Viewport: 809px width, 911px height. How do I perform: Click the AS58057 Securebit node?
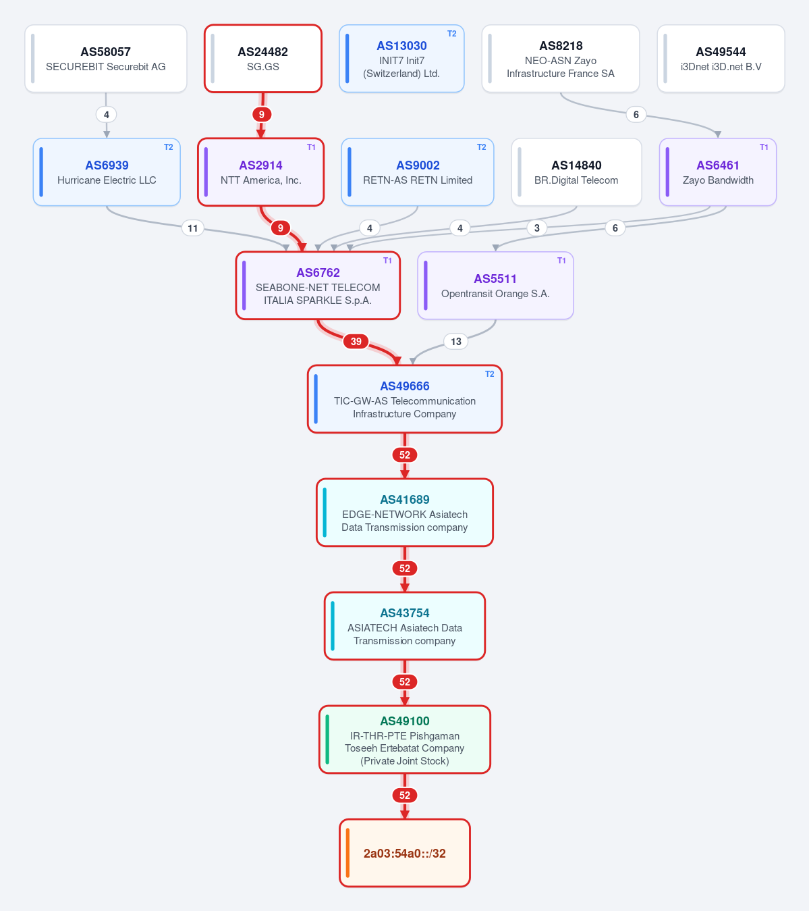[x=105, y=59]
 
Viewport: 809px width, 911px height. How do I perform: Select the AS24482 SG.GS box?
[x=262, y=59]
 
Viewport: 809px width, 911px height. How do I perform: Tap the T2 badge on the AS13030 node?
[x=452, y=34]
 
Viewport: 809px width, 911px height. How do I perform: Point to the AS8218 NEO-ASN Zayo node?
[x=560, y=59]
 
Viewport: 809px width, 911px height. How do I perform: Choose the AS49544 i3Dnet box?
[x=721, y=59]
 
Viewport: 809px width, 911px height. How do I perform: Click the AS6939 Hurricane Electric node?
[x=107, y=172]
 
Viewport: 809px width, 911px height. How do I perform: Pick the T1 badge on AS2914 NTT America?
[x=311, y=147]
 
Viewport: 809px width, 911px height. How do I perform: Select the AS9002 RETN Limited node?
[x=417, y=172]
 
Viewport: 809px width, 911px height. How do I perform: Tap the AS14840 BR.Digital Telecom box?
[x=576, y=172]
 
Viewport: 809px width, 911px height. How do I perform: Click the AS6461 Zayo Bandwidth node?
[x=717, y=172]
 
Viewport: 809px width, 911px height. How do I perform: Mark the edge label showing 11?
[x=193, y=228]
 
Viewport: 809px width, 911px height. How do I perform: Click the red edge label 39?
[x=356, y=341]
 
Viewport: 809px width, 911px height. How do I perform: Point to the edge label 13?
[x=456, y=341]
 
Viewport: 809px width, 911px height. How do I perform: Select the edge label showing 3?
[x=537, y=228]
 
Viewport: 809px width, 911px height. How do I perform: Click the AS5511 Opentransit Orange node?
[x=495, y=286]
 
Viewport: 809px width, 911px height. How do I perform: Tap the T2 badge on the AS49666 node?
[x=490, y=374]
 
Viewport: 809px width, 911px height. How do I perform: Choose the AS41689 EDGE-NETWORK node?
[x=405, y=513]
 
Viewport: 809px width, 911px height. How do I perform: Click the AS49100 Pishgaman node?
[x=405, y=739]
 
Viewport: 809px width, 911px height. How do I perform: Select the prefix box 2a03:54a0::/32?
[x=405, y=853]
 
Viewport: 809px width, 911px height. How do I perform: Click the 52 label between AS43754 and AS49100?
[x=405, y=681]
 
